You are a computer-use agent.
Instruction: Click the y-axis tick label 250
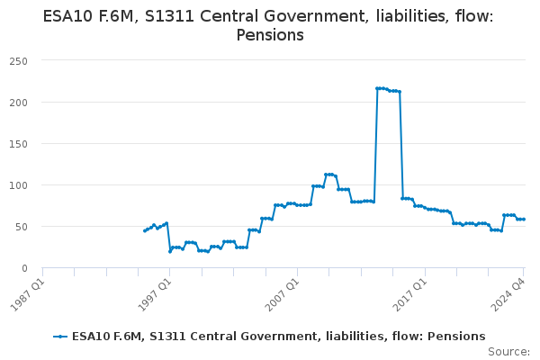click(x=19, y=60)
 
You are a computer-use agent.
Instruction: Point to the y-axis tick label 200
click(x=19, y=102)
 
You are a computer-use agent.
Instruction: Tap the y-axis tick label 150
click(x=19, y=143)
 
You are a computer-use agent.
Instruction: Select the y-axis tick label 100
click(x=19, y=184)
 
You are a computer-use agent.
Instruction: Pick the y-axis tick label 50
click(x=22, y=226)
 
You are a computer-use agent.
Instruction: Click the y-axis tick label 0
click(x=26, y=267)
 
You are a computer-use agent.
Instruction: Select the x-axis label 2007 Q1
click(x=283, y=293)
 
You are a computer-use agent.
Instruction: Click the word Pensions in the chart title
click(x=269, y=35)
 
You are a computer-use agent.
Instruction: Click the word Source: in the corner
click(x=508, y=351)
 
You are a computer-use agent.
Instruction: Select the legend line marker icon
click(x=60, y=336)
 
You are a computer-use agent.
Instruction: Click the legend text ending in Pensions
click(x=278, y=336)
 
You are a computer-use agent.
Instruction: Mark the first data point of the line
click(x=144, y=231)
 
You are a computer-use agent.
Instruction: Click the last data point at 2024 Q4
click(x=524, y=220)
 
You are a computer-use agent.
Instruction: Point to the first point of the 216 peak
click(x=377, y=88)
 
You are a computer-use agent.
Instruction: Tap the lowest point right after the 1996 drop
click(x=170, y=251)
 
